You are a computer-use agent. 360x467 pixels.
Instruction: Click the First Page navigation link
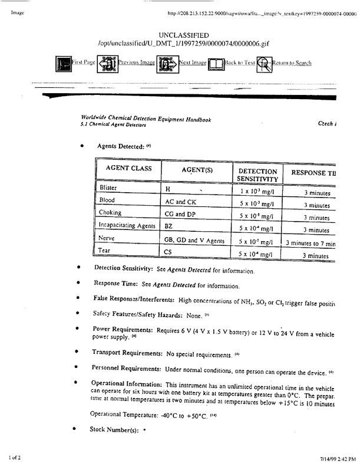coord(83,63)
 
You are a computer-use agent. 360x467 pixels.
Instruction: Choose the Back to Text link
coord(240,63)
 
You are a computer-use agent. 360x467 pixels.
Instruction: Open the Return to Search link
coord(292,63)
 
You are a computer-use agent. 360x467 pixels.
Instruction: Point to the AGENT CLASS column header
coord(128,169)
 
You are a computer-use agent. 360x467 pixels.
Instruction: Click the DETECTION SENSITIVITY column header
coord(257,174)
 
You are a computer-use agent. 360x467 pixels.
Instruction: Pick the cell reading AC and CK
coord(180,202)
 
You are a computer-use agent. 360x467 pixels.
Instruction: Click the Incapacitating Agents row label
coord(126,227)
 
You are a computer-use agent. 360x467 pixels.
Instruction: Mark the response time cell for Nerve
coord(310,243)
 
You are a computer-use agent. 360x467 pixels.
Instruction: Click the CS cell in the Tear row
coord(168,254)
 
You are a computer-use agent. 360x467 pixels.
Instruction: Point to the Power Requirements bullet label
coord(121,329)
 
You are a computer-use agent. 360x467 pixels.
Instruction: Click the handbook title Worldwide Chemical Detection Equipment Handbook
coord(146,120)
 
